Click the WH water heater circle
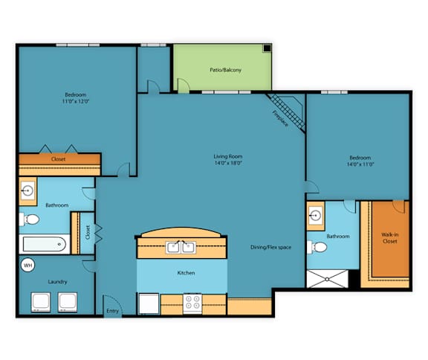pos(27,266)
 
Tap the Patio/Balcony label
pos(225,70)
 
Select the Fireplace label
pos(280,118)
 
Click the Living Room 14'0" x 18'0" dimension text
pos(228,163)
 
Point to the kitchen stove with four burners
pos(192,303)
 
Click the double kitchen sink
pos(181,247)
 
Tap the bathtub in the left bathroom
pos(45,244)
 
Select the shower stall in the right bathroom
pos(327,279)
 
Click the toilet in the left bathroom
pos(29,219)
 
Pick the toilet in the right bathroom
pos(317,247)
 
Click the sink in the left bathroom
pos(27,190)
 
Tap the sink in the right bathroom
pos(315,216)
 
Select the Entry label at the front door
pos(112,311)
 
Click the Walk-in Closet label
pos(390,238)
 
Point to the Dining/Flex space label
pos(270,247)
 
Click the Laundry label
pos(57,282)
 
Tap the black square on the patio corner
pos(267,48)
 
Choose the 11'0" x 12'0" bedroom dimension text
pos(76,101)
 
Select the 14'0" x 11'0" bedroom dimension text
pos(360,164)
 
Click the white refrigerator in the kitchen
pos(149,303)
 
